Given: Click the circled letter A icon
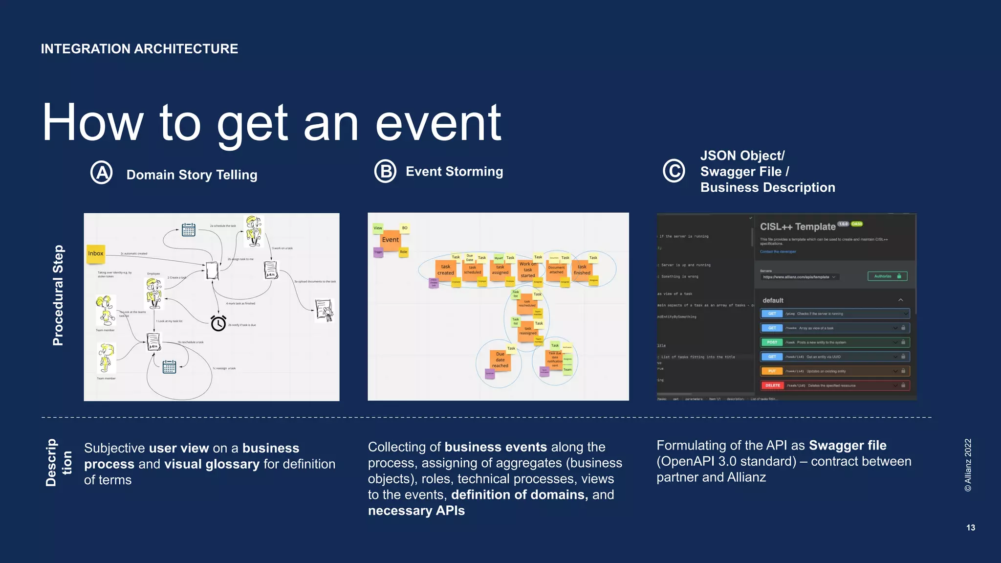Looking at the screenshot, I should [x=102, y=173].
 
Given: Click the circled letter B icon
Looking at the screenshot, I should [x=385, y=172].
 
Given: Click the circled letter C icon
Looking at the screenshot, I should [x=674, y=171].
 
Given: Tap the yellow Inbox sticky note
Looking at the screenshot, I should [x=96, y=253].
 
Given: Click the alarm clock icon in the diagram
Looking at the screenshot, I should [x=218, y=323].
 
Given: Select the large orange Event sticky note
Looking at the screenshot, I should [x=391, y=240].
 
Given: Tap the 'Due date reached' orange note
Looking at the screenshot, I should [x=500, y=360].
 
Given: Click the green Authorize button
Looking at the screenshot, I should [x=887, y=276].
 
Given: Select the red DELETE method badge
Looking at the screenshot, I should [x=772, y=385].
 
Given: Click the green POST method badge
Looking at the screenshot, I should [x=772, y=342].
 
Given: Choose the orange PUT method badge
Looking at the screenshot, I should [x=772, y=371].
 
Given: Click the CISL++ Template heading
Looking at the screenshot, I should [x=798, y=227].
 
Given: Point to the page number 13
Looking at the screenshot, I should [x=970, y=528].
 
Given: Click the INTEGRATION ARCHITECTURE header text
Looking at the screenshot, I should [x=139, y=49].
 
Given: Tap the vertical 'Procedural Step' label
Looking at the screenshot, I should [x=58, y=295].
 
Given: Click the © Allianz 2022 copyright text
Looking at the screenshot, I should [x=968, y=465].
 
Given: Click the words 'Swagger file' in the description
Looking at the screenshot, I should [x=848, y=446].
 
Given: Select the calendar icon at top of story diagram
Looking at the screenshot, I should [x=189, y=229].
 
